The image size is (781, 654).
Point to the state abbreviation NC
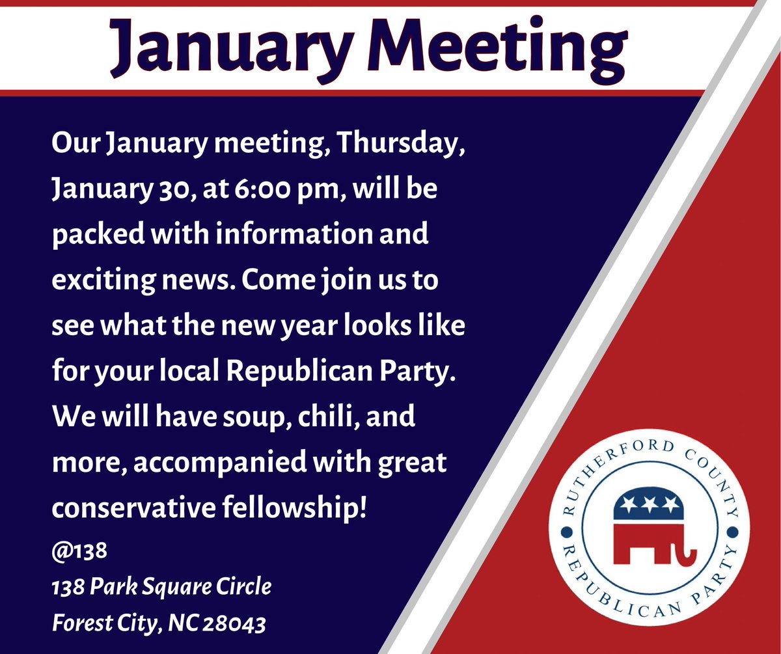[182, 624]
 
